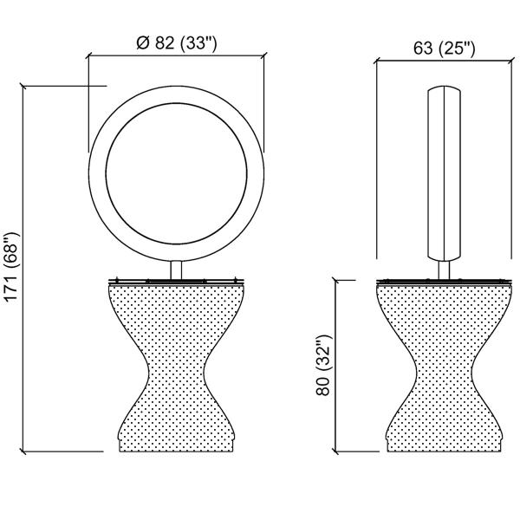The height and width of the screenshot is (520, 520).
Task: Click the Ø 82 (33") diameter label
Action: click(x=177, y=42)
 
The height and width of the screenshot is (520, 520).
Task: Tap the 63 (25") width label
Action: click(x=444, y=49)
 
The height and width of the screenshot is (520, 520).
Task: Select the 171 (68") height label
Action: click(x=12, y=267)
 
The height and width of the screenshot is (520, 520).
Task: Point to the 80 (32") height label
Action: click(x=323, y=365)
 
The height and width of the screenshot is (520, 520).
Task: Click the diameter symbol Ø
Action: click(x=143, y=43)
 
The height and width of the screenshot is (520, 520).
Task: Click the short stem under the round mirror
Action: click(x=176, y=270)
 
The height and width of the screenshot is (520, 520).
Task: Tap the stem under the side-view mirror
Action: click(x=444, y=270)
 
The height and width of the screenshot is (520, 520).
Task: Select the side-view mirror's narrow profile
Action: click(x=444, y=174)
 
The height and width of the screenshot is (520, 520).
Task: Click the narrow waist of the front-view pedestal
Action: click(x=176, y=367)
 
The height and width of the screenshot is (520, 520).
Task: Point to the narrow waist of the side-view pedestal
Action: click(x=444, y=367)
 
